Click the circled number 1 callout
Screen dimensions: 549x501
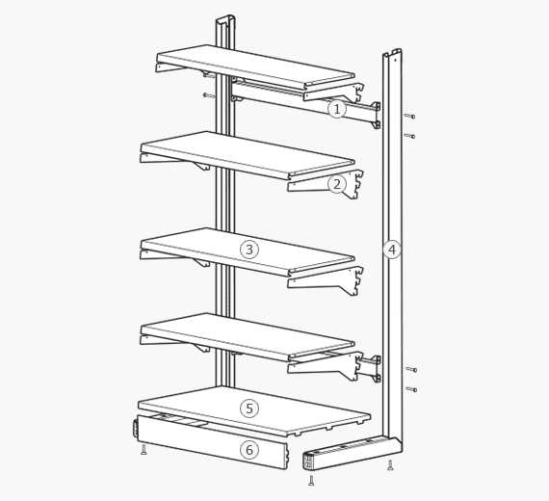point(337,109)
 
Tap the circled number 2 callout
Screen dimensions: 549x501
point(337,184)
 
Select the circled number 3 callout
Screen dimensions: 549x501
point(249,250)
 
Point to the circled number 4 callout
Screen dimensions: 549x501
point(392,250)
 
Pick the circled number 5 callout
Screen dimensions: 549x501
point(249,409)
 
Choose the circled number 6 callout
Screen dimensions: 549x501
point(249,450)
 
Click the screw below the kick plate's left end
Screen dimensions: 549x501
point(144,450)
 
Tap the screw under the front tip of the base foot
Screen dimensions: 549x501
point(311,481)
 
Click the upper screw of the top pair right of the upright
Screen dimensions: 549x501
point(409,116)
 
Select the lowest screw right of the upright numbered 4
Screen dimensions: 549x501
point(411,389)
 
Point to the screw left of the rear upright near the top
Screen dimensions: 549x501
point(209,95)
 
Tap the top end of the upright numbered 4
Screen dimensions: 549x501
point(392,53)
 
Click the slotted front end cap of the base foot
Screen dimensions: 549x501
point(307,461)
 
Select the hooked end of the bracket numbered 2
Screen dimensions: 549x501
point(355,184)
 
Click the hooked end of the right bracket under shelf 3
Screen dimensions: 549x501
point(355,281)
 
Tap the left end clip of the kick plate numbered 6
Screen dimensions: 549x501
point(135,429)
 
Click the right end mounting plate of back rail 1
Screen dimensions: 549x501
point(377,116)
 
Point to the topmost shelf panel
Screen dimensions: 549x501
point(255,66)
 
